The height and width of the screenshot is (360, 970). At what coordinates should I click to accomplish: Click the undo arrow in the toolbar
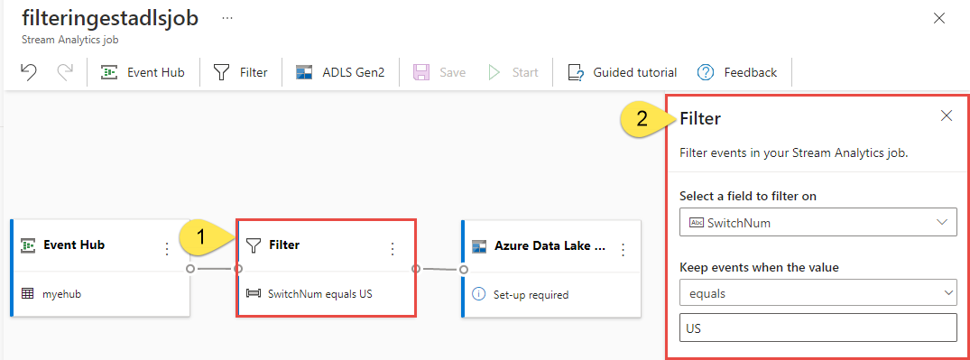coord(28,72)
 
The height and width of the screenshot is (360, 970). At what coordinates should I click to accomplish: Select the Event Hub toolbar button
coord(143,72)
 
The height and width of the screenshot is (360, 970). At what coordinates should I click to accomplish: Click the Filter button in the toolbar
coord(241,72)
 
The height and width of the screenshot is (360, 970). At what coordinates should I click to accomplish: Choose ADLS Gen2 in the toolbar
coord(339,72)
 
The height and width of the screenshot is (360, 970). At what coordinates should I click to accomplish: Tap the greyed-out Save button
coord(439,72)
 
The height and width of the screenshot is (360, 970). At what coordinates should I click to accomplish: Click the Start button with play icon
coord(513,72)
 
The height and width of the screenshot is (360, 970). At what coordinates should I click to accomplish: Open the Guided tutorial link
coord(623,72)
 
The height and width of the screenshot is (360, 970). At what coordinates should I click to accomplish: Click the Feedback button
coord(737,72)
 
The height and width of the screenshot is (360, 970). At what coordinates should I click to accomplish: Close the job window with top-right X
coord(939,19)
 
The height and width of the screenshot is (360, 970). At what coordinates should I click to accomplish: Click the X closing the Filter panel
coord(947,115)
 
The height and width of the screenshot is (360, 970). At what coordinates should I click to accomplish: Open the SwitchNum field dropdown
coord(818,222)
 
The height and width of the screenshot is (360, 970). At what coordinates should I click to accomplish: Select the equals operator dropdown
coord(818,294)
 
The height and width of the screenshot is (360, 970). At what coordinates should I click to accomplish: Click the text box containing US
coord(818,328)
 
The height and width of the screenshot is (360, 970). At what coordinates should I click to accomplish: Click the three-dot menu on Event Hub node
coord(166,249)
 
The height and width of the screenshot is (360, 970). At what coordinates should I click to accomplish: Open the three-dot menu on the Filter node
coord(392,249)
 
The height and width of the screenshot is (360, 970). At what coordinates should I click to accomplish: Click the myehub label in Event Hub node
coord(62,294)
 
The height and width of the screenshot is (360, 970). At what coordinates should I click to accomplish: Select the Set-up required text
coord(531,295)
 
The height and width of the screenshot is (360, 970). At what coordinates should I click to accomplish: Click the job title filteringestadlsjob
coord(110,18)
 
